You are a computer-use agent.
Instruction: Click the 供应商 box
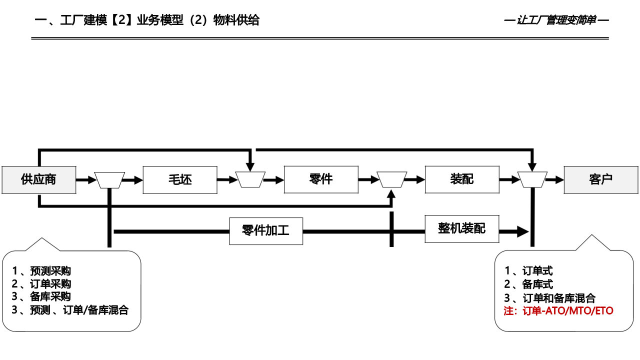click(38, 179)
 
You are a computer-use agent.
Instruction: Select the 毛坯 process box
click(180, 179)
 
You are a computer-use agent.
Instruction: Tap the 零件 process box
click(321, 179)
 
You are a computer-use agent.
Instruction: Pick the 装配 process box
click(462, 179)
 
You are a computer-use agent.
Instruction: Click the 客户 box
click(601, 179)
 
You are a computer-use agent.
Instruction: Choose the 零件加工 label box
click(266, 231)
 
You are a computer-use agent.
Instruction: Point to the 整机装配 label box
click(462, 228)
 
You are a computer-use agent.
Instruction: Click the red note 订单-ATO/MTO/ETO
click(558, 311)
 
